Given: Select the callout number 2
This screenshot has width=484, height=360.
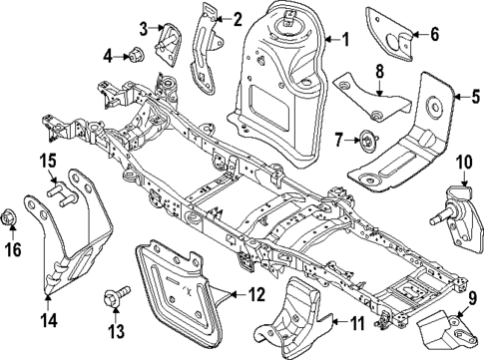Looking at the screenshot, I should tap(238, 18).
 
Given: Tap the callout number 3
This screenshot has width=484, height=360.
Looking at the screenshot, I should tap(144, 27).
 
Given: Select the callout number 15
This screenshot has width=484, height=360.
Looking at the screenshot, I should tap(47, 163).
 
